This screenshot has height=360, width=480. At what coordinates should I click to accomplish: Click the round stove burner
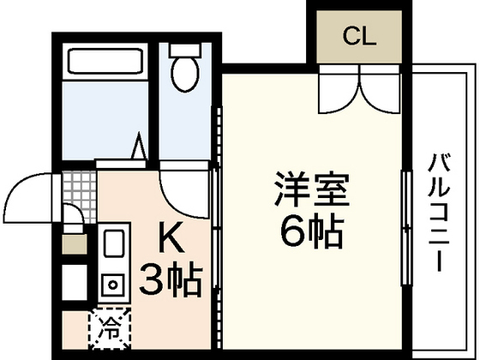(x=111, y=284)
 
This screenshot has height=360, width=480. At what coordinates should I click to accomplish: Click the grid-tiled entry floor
(x=81, y=193)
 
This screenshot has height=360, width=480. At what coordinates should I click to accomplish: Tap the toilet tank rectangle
(x=183, y=48)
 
